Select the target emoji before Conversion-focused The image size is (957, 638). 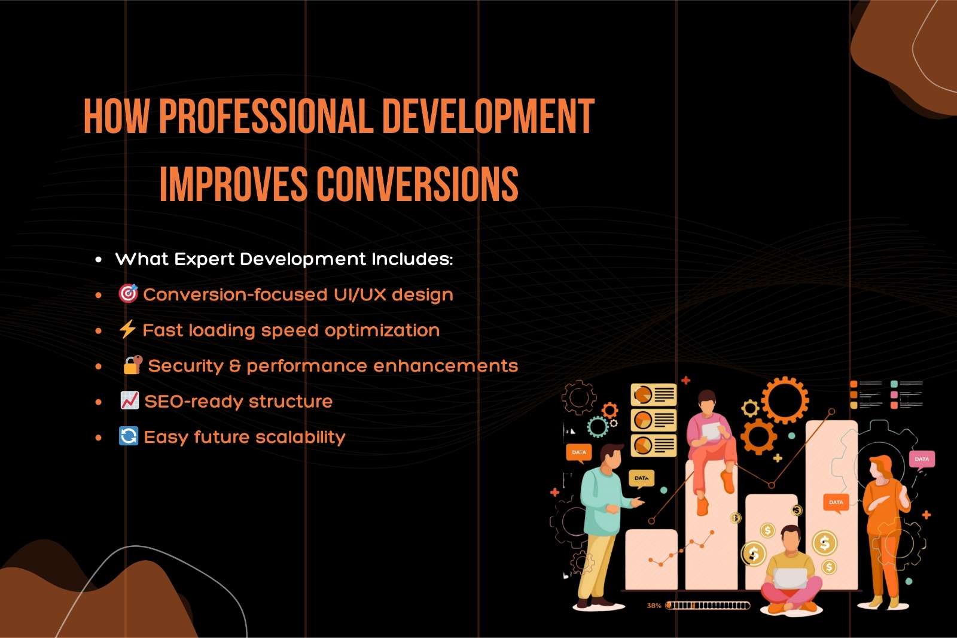pos(128,294)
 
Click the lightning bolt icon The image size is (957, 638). pos(127,329)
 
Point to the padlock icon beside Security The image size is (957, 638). pos(133,364)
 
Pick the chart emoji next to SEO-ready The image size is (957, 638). pos(129,400)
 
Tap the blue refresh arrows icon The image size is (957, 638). pos(129,436)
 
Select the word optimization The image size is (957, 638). pos(382,330)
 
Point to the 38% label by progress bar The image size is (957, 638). pos(654,606)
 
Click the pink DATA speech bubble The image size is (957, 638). pos(922,460)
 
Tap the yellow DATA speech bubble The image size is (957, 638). pos(641,479)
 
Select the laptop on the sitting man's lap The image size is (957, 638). pos(791,578)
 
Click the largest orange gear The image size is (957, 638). pos(785,400)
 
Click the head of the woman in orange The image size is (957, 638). pos(880,467)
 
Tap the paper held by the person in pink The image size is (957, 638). pos(711,431)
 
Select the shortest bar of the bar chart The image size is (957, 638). pos(651,560)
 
